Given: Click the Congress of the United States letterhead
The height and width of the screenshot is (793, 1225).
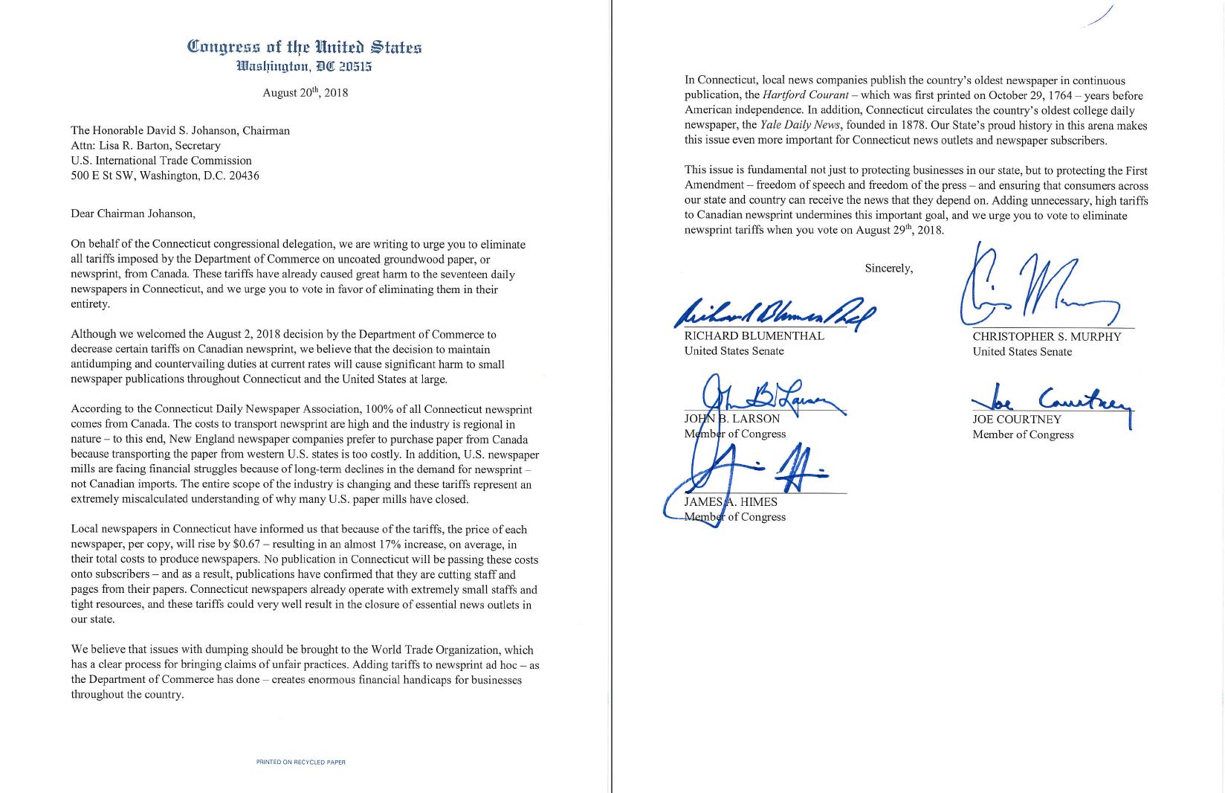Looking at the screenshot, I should [304, 48].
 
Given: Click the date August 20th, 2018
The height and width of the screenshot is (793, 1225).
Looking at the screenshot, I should [305, 93].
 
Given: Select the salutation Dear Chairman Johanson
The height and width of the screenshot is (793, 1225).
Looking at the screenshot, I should [133, 213].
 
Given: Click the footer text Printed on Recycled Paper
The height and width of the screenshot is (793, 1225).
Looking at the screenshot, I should [300, 762].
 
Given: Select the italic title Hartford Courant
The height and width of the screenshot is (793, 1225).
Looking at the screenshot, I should [805, 95].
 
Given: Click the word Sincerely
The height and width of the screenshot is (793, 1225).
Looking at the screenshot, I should [888, 269].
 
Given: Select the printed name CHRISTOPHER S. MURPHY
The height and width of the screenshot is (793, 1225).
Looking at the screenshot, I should [1046, 337].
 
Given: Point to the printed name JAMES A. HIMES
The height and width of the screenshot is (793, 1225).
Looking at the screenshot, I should [730, 502].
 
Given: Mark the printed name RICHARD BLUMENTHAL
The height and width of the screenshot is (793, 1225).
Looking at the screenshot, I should [754, 336].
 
